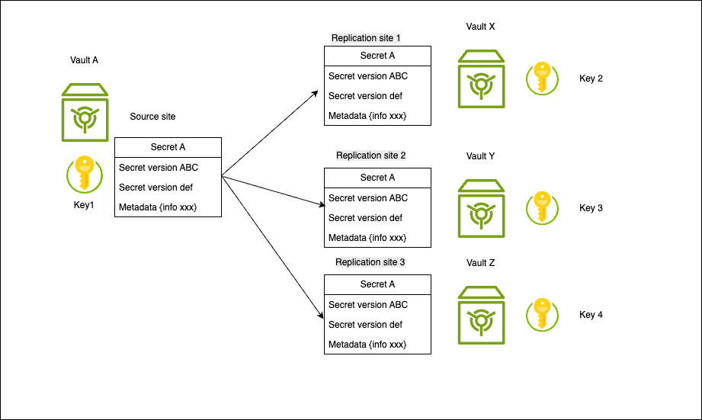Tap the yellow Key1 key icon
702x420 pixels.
pos(85,174)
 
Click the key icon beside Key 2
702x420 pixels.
pos(542,79)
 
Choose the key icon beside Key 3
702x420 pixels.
pos(542,207)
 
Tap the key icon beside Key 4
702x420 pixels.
pos(542,314)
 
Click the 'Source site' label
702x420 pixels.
pos(152,117)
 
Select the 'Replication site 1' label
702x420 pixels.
pos(366,38)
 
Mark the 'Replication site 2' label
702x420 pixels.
pos(371,155)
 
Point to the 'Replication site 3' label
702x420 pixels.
pos(371,262)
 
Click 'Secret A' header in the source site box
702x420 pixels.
pos(168,148)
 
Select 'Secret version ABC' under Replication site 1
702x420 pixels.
pos(368,76)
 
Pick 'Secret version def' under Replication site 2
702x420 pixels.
pos(366,218)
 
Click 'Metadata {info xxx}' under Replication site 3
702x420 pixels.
pos(367,345)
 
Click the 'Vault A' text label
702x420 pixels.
pos(85,59)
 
